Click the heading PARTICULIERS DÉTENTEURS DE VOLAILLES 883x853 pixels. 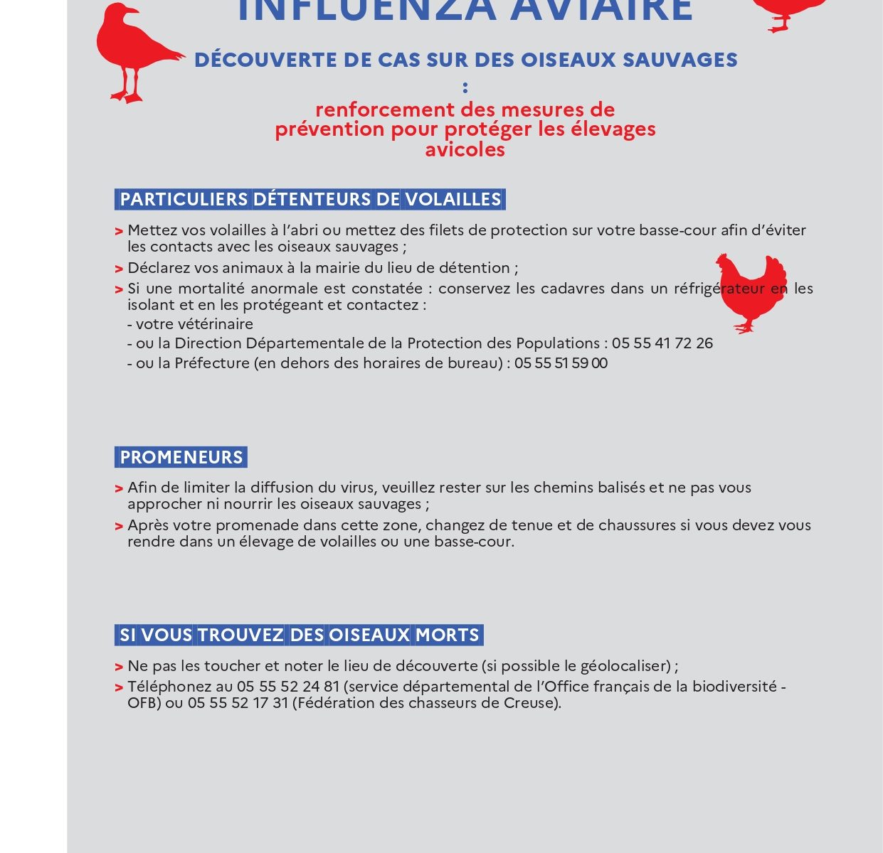coord(310,199)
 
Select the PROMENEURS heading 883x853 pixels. coord(181,457)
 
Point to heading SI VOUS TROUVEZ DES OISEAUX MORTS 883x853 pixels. coord(299,635)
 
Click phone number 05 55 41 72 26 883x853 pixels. coord(662,343)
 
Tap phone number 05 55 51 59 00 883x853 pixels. coord(561,363)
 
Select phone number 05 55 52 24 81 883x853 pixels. coord(288,687)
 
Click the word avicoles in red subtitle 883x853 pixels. coord(465,149)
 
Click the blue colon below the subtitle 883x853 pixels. coord(465,87)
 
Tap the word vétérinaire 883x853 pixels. coord(213,324)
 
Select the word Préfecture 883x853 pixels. coord(212,363)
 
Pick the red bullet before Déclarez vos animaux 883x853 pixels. coord(119,269)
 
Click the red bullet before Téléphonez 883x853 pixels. coord(119,688)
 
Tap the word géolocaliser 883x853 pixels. coord(625,666)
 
